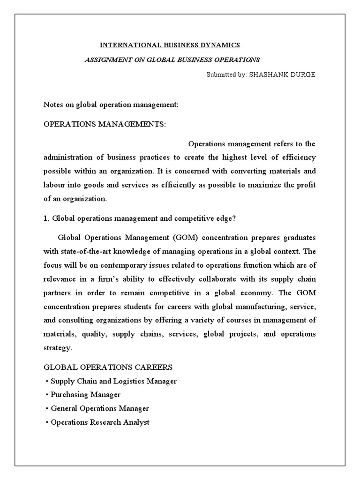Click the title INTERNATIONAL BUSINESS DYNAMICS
point(170,45)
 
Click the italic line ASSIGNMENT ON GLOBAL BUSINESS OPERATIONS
point(172,60)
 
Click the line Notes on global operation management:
point(111,104)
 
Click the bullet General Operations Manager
point(100,408)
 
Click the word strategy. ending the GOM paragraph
point(58,348)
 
